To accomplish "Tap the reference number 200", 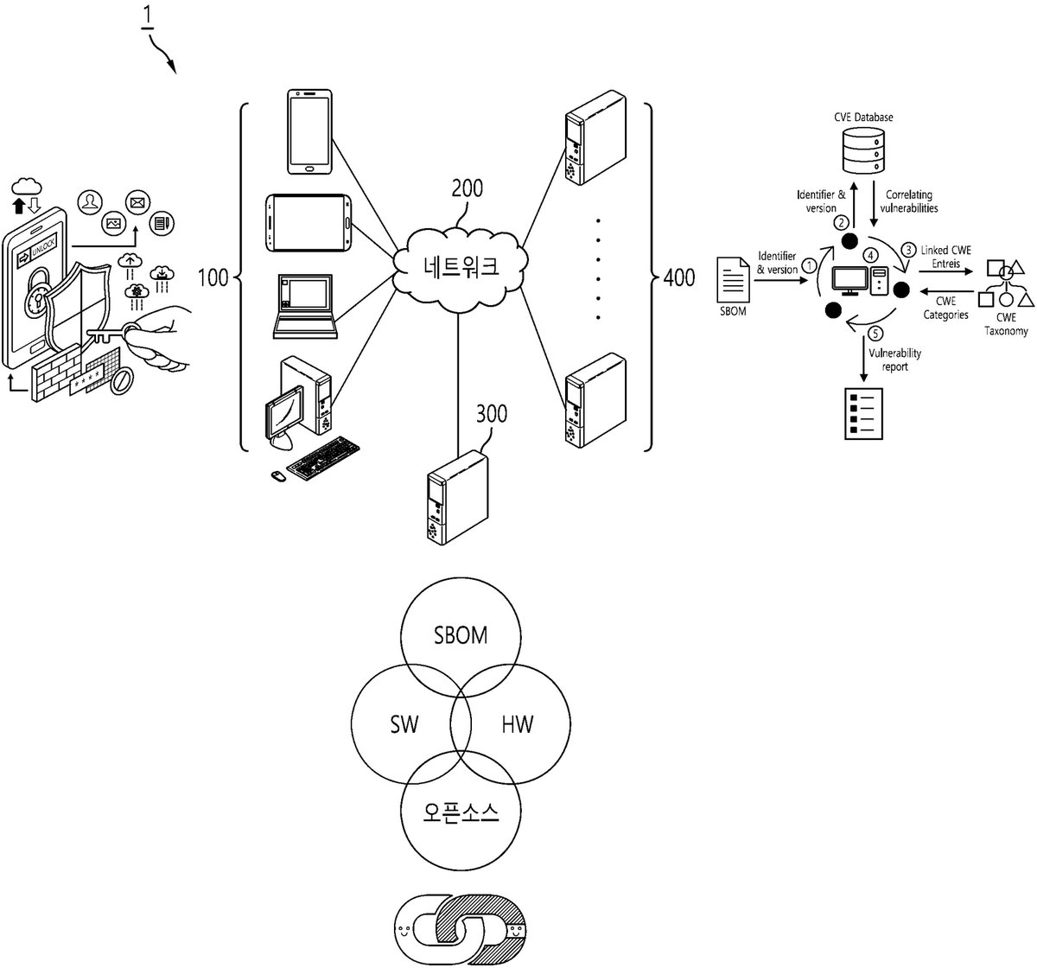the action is coord(467,188).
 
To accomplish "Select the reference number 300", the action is coord(491,414).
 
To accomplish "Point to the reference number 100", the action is coord(213,277).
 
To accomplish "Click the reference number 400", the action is coord(678,277).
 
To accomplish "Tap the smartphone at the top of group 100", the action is coord(309,131).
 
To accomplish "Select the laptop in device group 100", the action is coord(305,306).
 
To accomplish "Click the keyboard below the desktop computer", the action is coord(323,458).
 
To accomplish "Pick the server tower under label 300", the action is coord(458,498).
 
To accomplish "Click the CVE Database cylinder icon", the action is coord(863,150).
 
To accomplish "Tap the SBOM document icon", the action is coord(733,279).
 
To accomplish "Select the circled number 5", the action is coord(875,334).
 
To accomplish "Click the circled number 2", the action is coord(841,223).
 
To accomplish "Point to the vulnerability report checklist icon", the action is coord(863,413).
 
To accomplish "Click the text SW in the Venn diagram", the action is coord(404,724).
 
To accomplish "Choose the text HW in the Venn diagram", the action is coord(518,724).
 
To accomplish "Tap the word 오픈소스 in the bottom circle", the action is coord(461,812).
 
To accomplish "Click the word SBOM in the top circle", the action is coord(461,635).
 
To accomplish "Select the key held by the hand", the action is coord(112,333).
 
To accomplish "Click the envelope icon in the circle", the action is coord(138,202).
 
